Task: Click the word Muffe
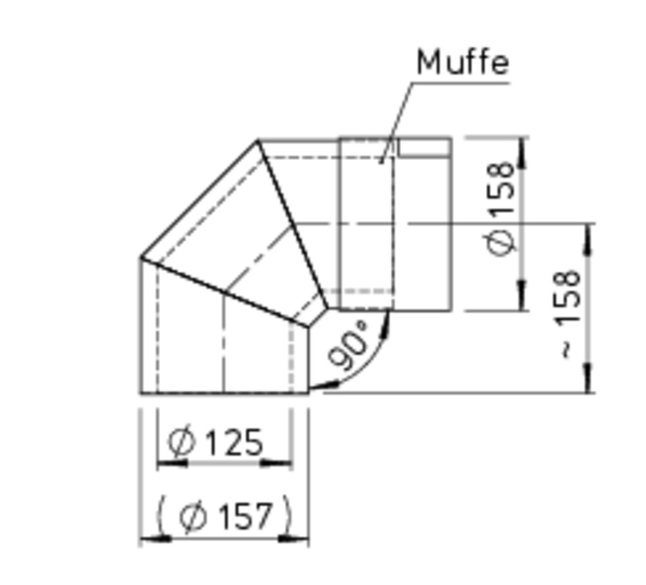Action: (463, 63)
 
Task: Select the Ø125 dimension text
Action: (214, 442)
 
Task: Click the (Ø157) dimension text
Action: (225, 515)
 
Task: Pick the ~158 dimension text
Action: (570, 314)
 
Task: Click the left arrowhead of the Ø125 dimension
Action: (172, 464)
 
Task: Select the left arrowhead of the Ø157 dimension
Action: (156, 538)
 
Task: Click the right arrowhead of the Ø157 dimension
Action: (293, 538)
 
